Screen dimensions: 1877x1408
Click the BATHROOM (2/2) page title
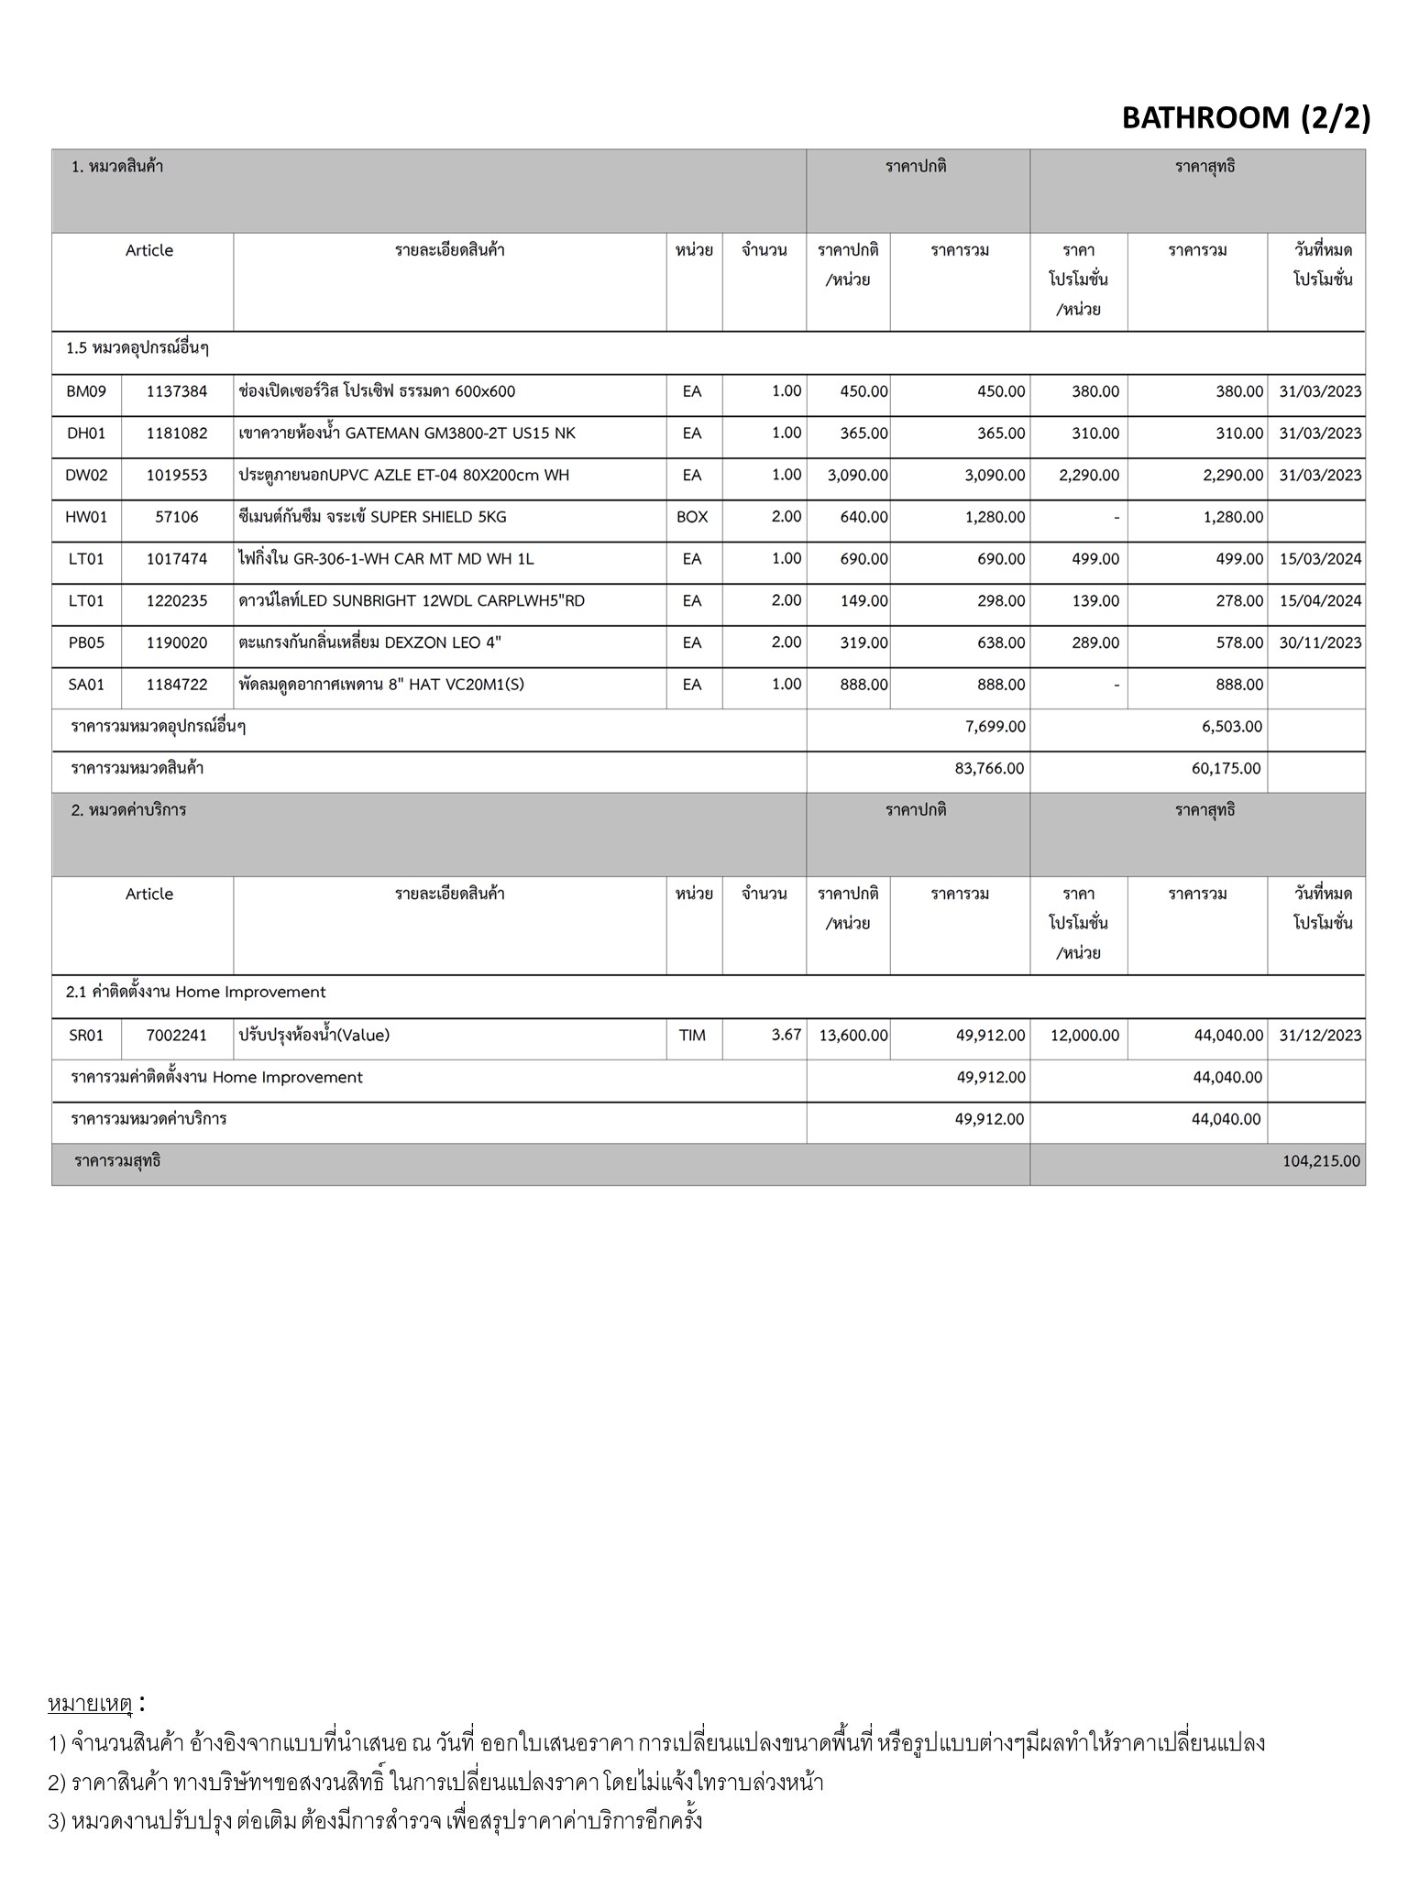pos(1246,118)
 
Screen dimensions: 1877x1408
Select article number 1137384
pos(177,391)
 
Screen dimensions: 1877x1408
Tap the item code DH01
pos(86,434)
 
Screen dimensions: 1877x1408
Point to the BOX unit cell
pos(692,517)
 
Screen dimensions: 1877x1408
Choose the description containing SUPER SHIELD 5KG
pos(372,517)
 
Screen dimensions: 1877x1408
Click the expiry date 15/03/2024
pos(1320,559)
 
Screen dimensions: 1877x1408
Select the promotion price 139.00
pos(1095,601)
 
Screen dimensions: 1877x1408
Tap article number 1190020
pos(177,643)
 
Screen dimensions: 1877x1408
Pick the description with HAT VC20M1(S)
pos(381,685)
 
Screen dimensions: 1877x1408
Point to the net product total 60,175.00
pos(1226,769)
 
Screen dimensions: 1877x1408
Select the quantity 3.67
pos(786,1035)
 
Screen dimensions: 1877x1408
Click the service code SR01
pos(86,1036)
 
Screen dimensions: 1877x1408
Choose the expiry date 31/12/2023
pos(1320,1036)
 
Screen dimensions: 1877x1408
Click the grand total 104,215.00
pos(1321,1161)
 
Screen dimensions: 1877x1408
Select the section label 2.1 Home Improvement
pos(196,993)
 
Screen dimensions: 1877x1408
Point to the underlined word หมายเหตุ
pos(90,1705)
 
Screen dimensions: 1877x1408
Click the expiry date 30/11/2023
pos(1320,643)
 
